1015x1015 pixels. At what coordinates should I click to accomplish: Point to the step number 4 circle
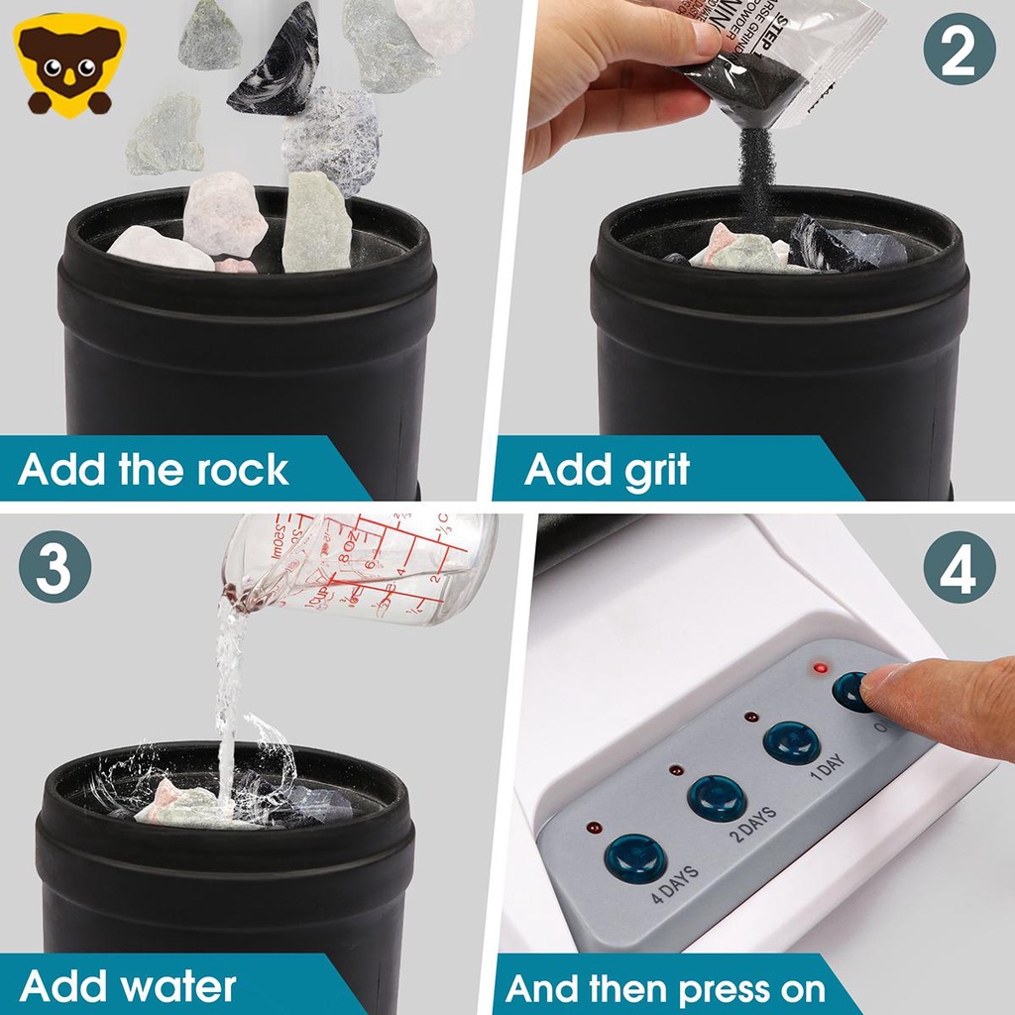click(x=959, y=567)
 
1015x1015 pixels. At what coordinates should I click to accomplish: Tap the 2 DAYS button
click(x=716, y=796)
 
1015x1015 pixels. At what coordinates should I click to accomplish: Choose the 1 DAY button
click(x=792, y=741)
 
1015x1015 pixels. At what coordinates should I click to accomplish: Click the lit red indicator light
click(x=820, y=669)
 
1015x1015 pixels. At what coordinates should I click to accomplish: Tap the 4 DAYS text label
click(x=675, y=885)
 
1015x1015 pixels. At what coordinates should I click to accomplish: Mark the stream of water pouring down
click(x=229, y=694)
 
